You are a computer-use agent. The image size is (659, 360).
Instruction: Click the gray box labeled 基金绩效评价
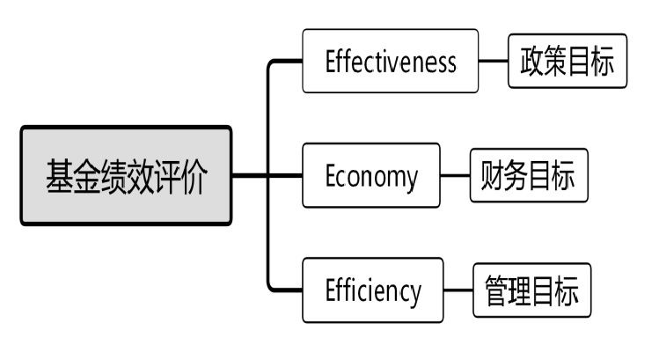click(x=127, y=176)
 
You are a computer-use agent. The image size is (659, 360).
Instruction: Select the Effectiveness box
click(x=390, y=61)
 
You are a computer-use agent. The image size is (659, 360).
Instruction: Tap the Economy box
click(x=370, y=175)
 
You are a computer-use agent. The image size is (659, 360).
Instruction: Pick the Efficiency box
click(x=372, y=290)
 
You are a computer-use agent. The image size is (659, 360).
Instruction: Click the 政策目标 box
click(x=567, y=61)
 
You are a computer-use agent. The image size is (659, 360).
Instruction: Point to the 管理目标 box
click(x=532, y=290)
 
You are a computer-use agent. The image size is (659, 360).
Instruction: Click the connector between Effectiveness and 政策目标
click(x=493, y=62)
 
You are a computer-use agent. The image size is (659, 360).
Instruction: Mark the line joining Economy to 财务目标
click(x=454, y=175)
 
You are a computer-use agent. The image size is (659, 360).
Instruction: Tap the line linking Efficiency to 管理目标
click(x=458, y=290)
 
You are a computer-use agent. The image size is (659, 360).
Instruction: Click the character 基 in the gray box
click(x=60, y=177)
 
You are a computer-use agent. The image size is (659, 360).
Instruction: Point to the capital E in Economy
click(x=332, y=176)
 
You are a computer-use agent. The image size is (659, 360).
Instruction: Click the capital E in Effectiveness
click(x=332, y=62)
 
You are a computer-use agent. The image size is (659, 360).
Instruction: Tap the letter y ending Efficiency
click(x=414, y=292)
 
